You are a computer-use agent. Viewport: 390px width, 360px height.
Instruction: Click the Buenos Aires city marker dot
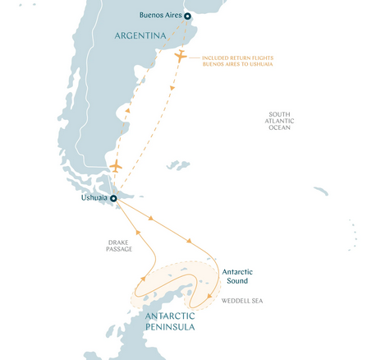187,16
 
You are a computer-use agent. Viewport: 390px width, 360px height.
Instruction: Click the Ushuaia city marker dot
114,198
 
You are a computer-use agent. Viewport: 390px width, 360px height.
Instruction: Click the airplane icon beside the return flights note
181,56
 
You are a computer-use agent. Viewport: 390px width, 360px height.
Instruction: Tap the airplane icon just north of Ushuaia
115,167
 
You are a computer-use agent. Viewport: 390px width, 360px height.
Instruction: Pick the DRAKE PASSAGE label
120,247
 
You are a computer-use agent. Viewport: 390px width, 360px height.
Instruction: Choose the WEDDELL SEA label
242,300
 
